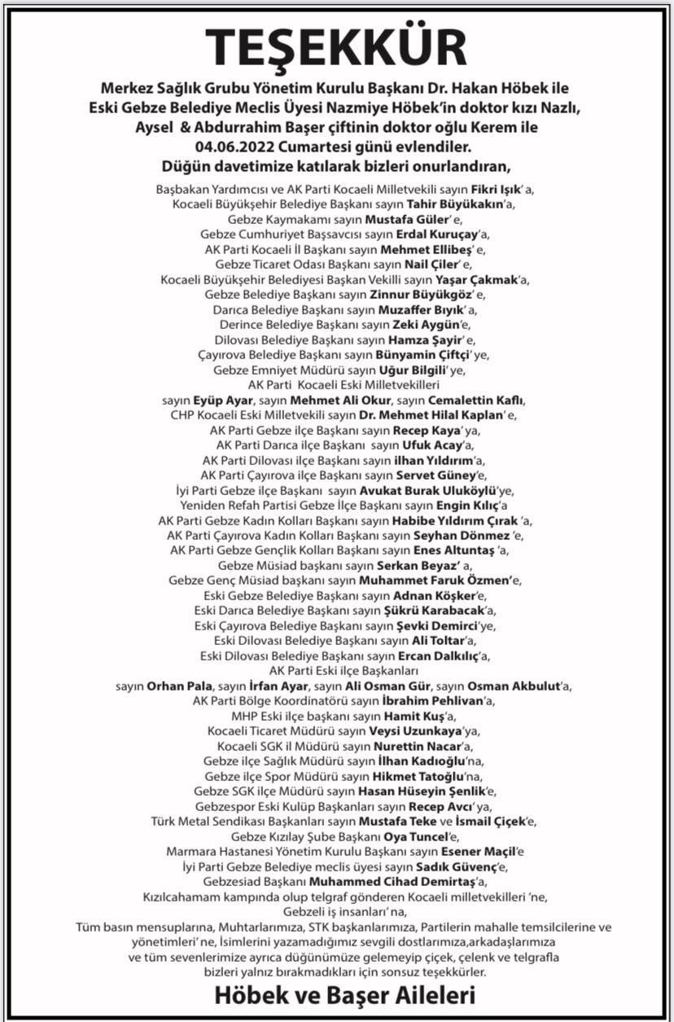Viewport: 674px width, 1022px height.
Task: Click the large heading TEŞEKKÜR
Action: pos(336,47)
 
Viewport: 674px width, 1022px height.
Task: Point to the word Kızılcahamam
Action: pos(186,896)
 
